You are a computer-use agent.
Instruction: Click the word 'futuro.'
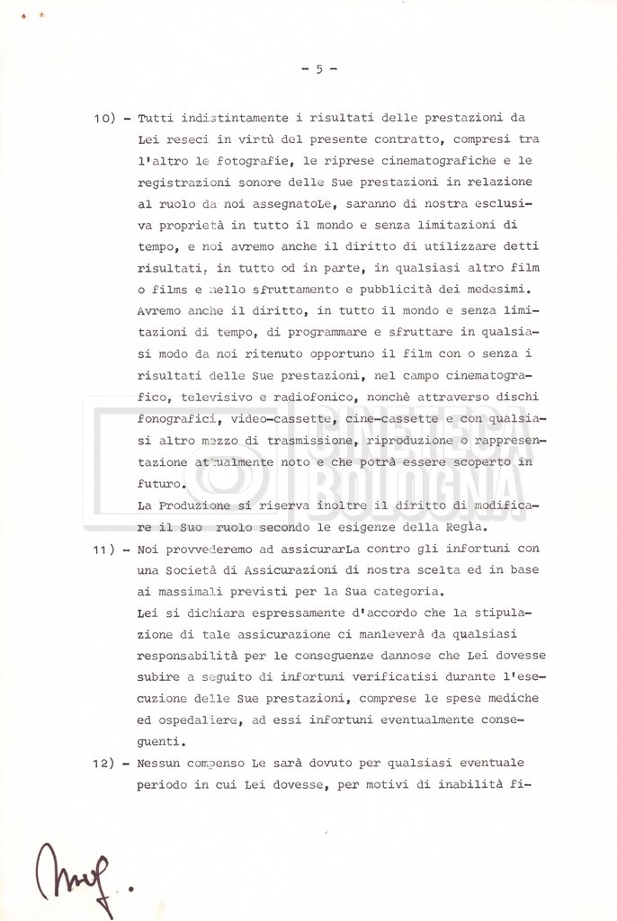click(161, 484)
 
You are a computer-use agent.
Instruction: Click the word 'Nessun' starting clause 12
click(161, 763)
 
